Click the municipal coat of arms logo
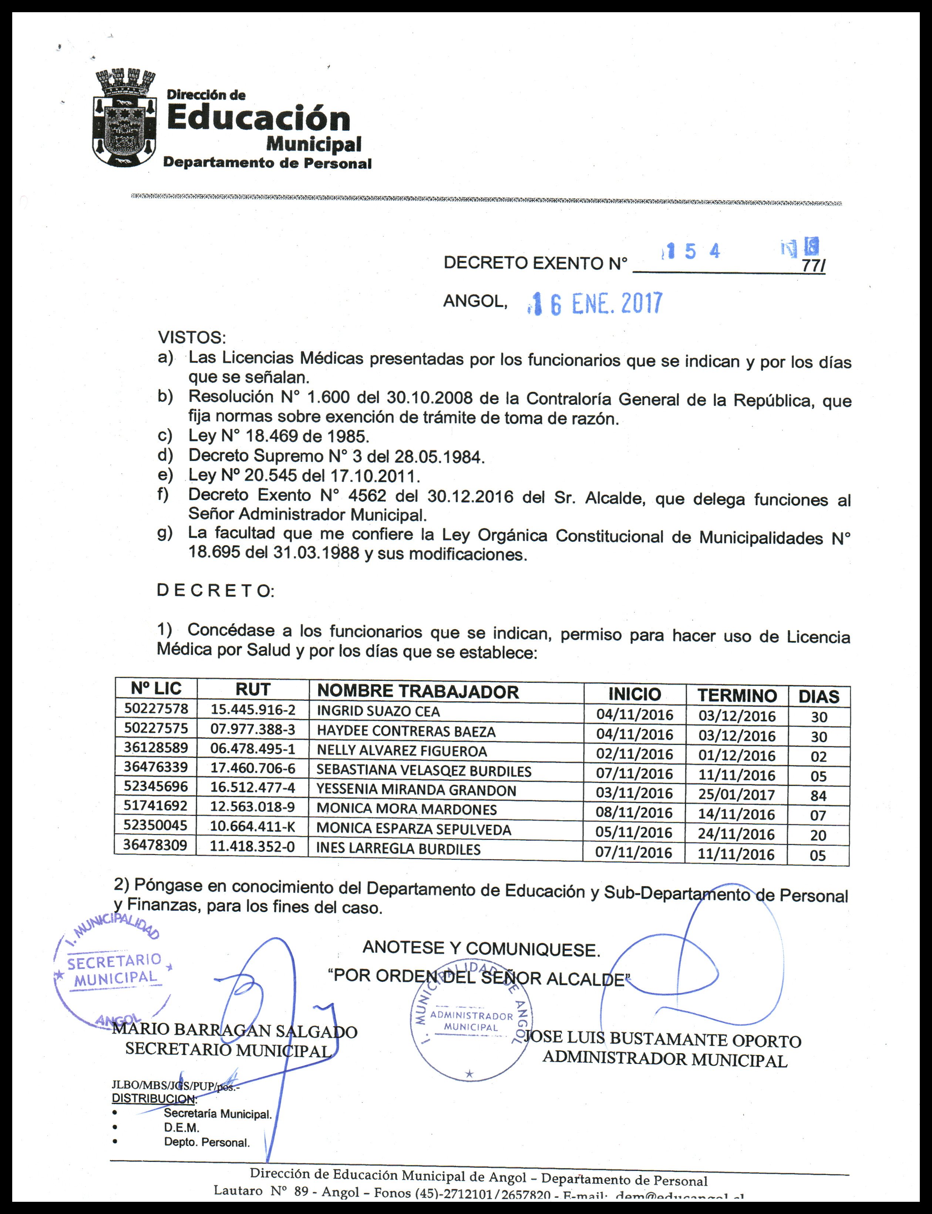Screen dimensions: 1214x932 [x=123, y=118]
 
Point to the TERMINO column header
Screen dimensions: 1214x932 [x=737, y=695]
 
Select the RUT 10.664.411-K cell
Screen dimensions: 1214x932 [x=252, y=827]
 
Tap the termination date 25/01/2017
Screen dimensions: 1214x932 [x=736, y=794]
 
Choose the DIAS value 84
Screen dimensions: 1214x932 [x=818, y=796]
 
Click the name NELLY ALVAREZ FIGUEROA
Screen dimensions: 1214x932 [x=402, y=751]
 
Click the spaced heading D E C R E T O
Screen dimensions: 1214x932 [x=215, y=591]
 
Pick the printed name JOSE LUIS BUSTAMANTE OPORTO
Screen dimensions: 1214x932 [x=663, y=1040]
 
